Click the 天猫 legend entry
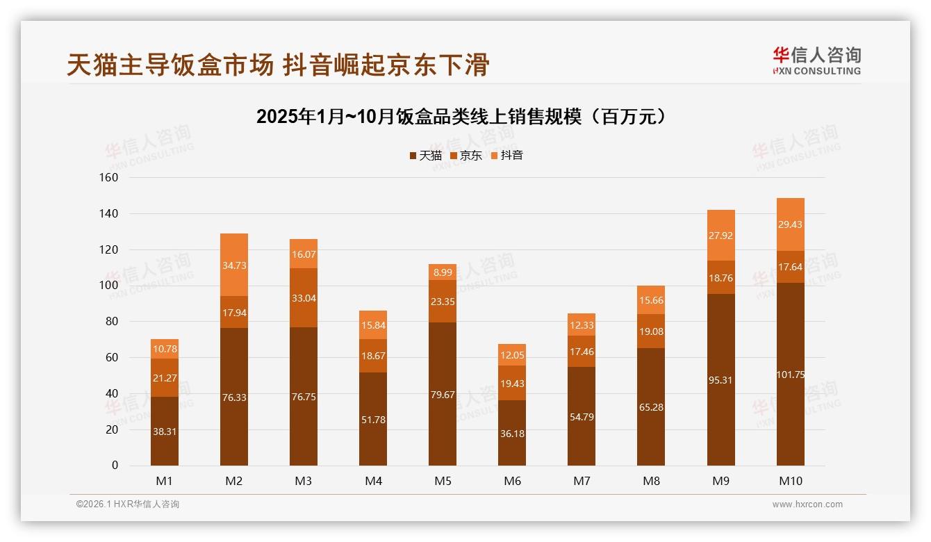[x=425, y=156]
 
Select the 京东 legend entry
[x=465, y=156]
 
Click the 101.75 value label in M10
[x=790, y=375]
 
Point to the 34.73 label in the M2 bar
[x=234, y=265]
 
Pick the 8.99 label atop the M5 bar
[x=443, y=273]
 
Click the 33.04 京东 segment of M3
[x=304, y=298]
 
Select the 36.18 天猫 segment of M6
[x=512, y=433]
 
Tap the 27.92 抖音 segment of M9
[x=720, y=236]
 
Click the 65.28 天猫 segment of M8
[x=651, y=407]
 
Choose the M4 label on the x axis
[x=373, y=481]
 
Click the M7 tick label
[x=582, y=481]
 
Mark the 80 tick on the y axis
[x=110, y=322]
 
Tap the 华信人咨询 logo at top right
[x=816, y=60]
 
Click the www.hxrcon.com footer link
[x=807, y=504]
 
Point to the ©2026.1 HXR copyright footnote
[x=128, y=504]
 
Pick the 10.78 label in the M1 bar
[x=165, y=349]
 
